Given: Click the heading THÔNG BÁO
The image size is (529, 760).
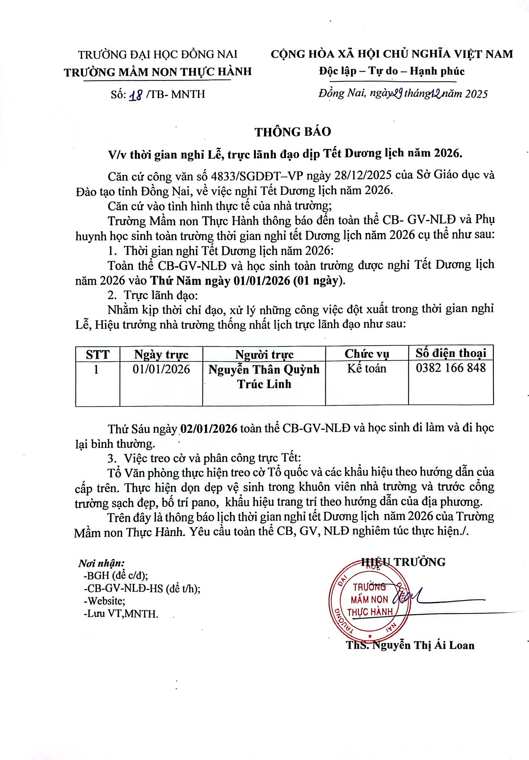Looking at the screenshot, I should pos(293,132).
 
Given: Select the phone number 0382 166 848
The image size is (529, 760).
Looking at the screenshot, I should pos(451,368).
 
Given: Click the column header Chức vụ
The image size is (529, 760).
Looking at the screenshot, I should pos(366,354).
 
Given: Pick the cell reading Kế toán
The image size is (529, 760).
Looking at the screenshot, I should pos(366,368).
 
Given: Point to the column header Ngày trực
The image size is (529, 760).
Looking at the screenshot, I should pos(161,354).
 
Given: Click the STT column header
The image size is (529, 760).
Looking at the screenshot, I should pos(98,354).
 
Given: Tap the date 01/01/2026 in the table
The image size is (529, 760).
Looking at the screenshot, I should pos(161,369).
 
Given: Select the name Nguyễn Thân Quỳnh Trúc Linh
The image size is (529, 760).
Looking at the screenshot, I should pos(264,377).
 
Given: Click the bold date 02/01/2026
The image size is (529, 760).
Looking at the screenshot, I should pos(209,428).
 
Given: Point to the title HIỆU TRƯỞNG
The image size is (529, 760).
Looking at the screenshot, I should pos(403,562).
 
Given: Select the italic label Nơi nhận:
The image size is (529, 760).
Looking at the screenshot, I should pos(101,563).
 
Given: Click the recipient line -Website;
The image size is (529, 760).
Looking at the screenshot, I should pos(104,601).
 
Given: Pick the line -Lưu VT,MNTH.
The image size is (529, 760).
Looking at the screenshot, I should pos(121,613).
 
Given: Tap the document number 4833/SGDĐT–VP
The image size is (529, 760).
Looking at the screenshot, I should pos(257,175).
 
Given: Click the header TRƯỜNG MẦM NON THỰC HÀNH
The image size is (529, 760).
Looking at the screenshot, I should pos(158,72).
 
